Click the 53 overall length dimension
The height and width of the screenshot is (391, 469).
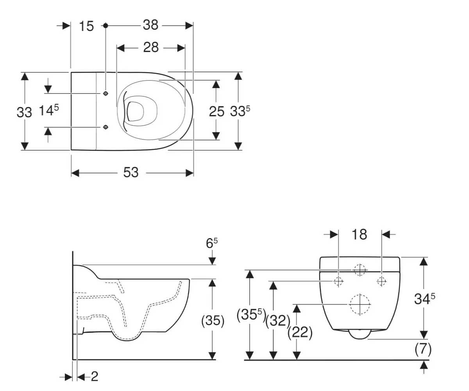click(x=131, y=172)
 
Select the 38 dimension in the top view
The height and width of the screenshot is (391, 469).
click(x=150, y=25)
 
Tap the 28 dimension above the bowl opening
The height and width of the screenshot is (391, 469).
click(x=151, y=48)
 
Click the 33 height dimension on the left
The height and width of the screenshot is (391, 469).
click(x=24, y=112)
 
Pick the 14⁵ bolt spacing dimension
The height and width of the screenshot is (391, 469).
click(x=48, y=111)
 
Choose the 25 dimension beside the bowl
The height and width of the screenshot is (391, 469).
click(x=217, y=111)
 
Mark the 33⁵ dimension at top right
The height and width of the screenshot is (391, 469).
click(x=240, y=111)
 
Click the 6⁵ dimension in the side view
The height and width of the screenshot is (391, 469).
click(x=211, y=244)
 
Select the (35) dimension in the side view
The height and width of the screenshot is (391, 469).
click(x=213, y=321)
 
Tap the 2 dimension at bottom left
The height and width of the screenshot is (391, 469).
click(x=94, y=377)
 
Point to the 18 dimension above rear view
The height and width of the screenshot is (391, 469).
click(x=359, y=234)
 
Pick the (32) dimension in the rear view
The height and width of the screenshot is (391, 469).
click(x=277, y=321)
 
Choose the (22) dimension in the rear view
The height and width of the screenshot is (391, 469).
click(x=300, y=332)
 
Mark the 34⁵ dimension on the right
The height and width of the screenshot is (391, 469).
click(x=424, y=299)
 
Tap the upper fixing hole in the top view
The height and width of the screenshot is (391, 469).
click(x=106, y=93)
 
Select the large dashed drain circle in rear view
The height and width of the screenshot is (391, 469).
click(x=360, y=304)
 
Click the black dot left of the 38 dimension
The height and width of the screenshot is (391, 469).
click(x=105, y=25)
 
